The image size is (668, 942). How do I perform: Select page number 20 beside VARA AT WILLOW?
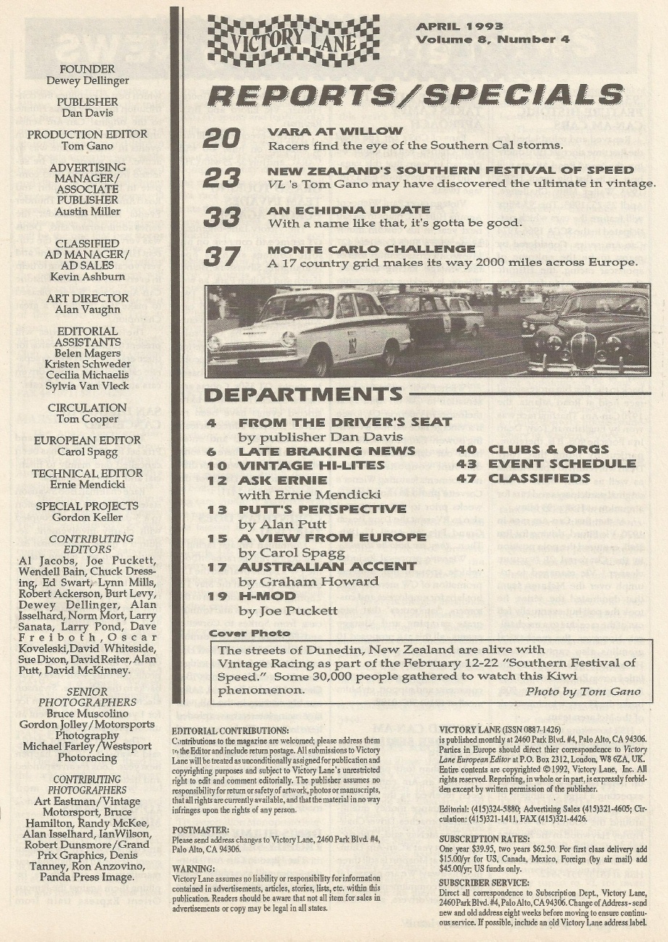[221, 138]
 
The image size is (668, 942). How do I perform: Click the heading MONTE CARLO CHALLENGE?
[371, 249]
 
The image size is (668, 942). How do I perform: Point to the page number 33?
[221, 217]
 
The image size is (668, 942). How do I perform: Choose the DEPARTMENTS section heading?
[302, 395]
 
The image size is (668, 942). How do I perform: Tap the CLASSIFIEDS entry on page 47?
[539, 478]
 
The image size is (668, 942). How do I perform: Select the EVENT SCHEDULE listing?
[561, 464]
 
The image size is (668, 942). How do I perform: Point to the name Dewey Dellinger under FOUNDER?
[98, 80]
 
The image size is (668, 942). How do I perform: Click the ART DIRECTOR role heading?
[87, 298]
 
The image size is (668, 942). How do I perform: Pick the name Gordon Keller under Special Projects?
[87, 517]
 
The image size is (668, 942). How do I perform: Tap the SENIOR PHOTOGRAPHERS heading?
[87, 697]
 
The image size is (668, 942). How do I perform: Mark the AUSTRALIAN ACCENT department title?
[327, 567]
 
